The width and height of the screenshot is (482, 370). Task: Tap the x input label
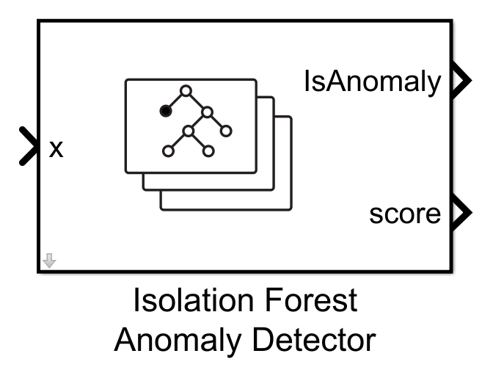56,149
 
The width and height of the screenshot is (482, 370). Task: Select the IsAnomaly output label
372,83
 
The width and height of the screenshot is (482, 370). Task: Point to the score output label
406,214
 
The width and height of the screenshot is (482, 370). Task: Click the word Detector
309,341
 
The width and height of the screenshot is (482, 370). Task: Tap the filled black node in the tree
166,111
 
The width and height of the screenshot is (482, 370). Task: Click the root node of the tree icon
186,91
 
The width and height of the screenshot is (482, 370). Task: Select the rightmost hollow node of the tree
226,131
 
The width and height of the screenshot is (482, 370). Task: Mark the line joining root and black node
176,101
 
